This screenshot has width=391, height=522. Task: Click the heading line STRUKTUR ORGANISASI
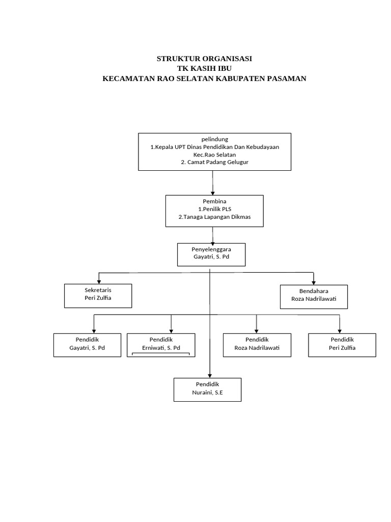coord(204,59)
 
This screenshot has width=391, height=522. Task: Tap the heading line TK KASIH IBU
coord(204,69)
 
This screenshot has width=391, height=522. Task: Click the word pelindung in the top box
coord(214,139)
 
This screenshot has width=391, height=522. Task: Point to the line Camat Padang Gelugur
coord(214,162)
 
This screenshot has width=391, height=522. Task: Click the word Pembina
coord(214,201)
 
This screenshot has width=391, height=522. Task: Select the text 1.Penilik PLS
coord(214,209)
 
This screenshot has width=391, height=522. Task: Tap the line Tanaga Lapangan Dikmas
coord(214,217)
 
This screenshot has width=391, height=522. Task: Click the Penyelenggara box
coord(211,254)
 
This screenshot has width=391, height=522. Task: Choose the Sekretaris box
coord(98,296)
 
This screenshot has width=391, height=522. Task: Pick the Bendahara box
coord(314,297)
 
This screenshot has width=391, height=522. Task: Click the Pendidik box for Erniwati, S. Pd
coord(161,344)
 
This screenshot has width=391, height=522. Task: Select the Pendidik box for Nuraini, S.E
coord(207,389)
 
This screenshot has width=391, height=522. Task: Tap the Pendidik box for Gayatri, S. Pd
coord(87,345)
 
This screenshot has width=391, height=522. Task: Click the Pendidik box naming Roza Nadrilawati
coord(257,345)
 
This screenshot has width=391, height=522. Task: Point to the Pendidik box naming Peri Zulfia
coord(342,345)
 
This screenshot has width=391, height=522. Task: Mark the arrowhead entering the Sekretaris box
coord(99,281)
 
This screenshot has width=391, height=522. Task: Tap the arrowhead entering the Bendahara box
coord(314,282)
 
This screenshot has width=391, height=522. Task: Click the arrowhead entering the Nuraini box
coord(210,375)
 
